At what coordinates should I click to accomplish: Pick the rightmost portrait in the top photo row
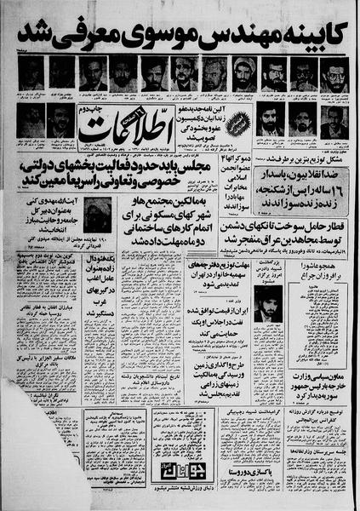tap(334, 73)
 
